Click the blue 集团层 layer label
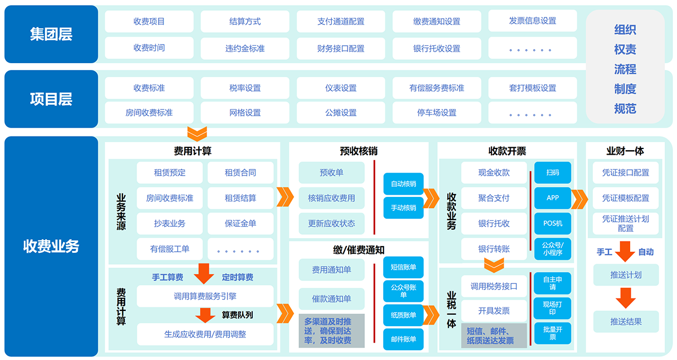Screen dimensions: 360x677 click(x=51, y=34)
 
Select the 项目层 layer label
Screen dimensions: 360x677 click(x=51, y=99)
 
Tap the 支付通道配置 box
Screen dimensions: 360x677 click(x=341, y=21)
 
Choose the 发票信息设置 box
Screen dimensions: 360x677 click(x=533, y=21)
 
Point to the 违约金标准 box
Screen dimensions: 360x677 click(x=245, y=48)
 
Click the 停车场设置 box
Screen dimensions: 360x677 click(x=437, y=112)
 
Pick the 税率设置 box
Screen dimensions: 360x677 click(x=245, y=88)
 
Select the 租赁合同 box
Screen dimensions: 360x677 click(x=240, y=173)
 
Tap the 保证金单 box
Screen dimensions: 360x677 click(x=240, y=223)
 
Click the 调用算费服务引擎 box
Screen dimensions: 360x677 click(x=205, y=296)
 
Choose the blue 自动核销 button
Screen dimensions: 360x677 click(x=403, y=183)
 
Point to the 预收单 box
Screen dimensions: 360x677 click(x=332, y=173)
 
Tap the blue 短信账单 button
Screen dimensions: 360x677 click(x=403, y=267)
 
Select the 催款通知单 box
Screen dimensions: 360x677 click(x=332, y=298)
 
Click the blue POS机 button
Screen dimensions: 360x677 click(x=553, y=223)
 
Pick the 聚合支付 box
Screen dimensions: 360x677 click(x=494, y=198)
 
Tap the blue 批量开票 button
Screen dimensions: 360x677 click(x=553, y=333)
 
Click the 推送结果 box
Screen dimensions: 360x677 click(x=626, y=322)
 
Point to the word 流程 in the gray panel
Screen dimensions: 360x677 click(x=625, y=69)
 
